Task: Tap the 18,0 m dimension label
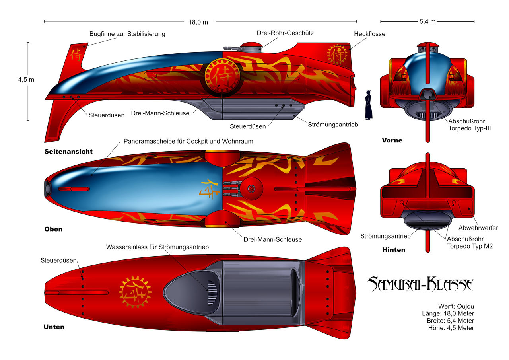pos(198,22)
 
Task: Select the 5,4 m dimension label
pos(427,22)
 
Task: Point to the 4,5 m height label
pos(26,79)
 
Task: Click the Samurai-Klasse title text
pos(420,284)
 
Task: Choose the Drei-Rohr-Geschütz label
pos(285,33)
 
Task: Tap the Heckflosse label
pos(369,34)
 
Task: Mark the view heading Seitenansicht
pos(68,152)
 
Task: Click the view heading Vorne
pos(392,140)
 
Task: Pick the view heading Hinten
pos(393,250)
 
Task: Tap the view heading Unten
pos(54,327)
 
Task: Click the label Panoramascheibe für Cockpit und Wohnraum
pos(188,141)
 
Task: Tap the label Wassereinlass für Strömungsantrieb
pos(157,247)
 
